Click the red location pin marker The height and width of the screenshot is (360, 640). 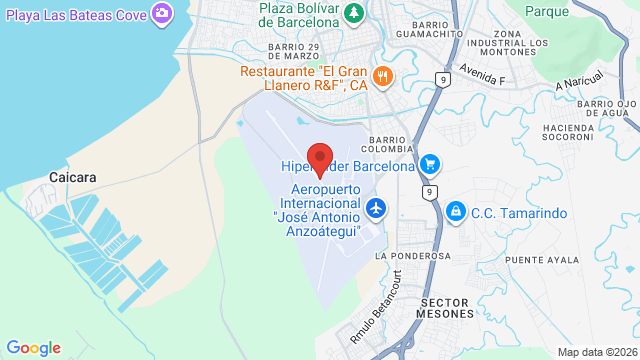click(x=320, y=159)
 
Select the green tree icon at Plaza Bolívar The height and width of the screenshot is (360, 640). click(x=353, y=13)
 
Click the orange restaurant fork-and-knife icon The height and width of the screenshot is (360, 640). click(x=381, y=76)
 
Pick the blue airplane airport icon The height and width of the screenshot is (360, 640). click(x=376, y=208)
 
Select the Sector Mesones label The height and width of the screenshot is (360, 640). click(x=445, y=307)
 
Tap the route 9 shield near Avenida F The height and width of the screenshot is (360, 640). click(x=442, y=78)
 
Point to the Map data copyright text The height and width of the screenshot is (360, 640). click(x=596, y=352)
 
